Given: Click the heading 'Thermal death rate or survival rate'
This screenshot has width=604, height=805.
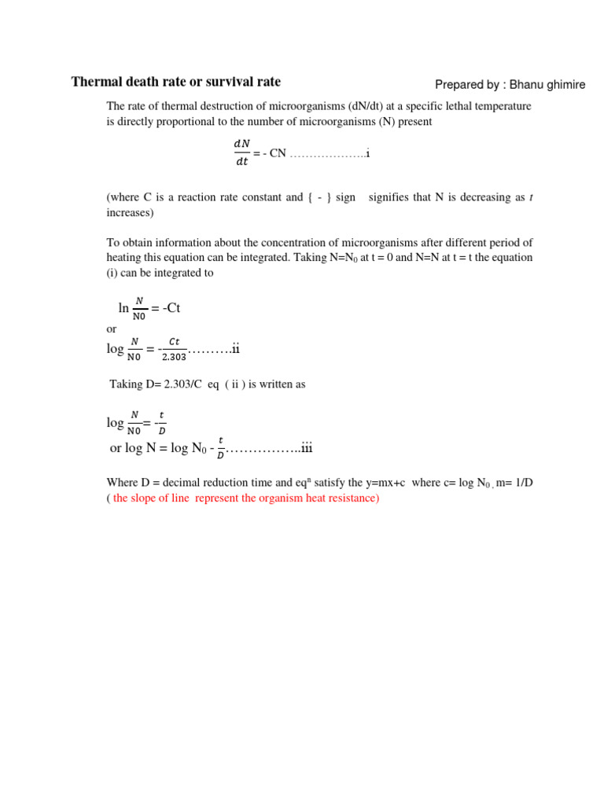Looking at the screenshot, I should click(175, 82).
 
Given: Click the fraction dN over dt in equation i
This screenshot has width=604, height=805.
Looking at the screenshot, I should click(241, 153).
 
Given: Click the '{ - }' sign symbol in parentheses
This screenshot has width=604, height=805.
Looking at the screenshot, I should click(319, 197).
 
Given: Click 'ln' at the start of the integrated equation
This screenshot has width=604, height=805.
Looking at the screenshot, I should click(123, 308).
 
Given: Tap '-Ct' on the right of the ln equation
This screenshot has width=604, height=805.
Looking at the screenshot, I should click(169, 308).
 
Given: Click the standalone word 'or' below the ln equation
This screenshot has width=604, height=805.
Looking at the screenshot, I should click(111, 329).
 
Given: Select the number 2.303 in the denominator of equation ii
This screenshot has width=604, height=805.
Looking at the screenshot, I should click(174, 357).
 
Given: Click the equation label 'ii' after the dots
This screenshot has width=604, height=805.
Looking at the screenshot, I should click(235, 349).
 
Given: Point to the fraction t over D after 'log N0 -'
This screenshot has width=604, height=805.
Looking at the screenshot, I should click(220, 448).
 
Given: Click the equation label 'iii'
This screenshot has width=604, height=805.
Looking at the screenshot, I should click(307, 448).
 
